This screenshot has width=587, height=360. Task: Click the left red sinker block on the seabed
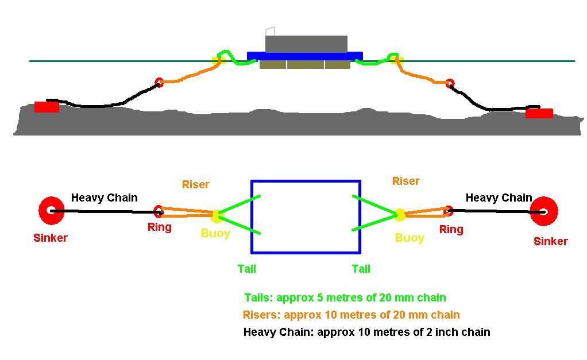[x=47, y=107]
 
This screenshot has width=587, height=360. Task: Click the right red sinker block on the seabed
[x=539, y=113]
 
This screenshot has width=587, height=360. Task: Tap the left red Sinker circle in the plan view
[x=52, y=211]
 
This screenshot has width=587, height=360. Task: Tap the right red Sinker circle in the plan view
[x=544, y=211]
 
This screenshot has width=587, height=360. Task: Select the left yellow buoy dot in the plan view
[x=217, y=216]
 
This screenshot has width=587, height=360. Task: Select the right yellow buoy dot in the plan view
[x=400, y=215]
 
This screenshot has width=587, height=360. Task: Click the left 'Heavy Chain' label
[x=105, y=198]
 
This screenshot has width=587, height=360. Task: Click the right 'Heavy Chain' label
[x=499, y=198]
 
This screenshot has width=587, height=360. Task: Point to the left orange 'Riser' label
[x=196, y=185]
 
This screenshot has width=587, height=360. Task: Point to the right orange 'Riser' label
[x=406, y=181]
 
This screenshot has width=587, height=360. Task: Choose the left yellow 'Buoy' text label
[x=215, y=234]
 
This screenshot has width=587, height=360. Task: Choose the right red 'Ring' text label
[x=451, y=230]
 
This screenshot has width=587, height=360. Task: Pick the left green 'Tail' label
[x=247, y=269]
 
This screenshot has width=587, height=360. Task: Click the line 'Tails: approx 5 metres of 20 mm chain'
[x=345, y=298]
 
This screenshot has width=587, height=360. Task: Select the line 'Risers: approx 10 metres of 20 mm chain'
[x=352, y=315]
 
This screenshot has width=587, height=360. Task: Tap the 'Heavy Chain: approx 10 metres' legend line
[x=367, y=332]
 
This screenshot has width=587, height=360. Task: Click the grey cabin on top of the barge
[x=306, y=44]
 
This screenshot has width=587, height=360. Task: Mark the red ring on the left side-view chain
[x=159, y=82]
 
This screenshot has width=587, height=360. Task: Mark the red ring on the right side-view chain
[x=450, y=83]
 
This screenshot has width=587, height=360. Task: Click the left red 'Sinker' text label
[x=51, y=238]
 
